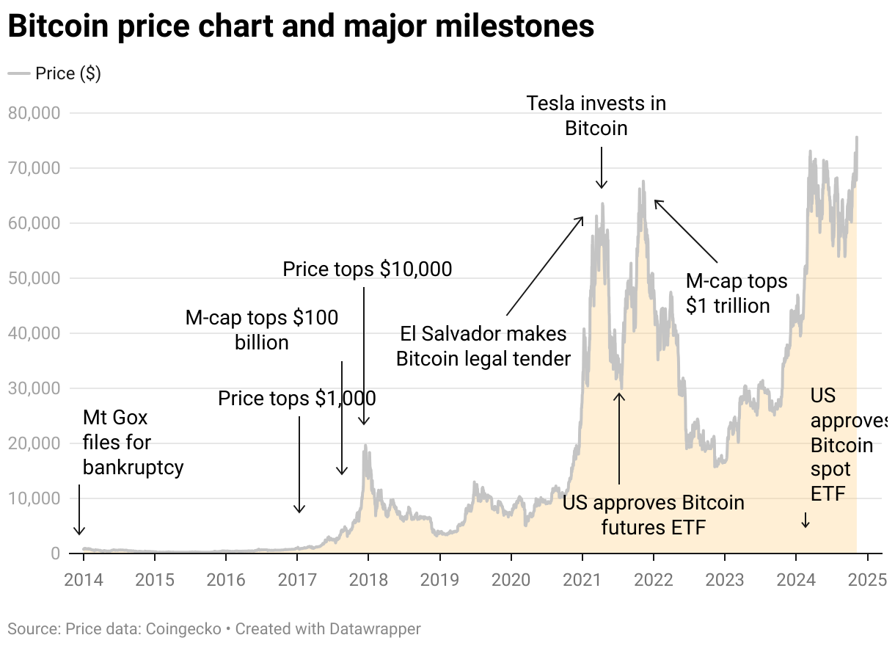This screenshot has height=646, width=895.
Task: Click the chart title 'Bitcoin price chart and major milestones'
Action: click(301, 27)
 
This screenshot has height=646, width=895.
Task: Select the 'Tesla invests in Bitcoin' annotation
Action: click(596, 116)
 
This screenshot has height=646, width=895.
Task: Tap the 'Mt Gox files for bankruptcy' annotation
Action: click(133, 443)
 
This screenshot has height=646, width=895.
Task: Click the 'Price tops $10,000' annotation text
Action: click(367, 269)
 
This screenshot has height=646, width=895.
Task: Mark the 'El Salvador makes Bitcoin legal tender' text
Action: click(483, 346)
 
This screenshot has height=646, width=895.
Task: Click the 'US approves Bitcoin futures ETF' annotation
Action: click(653, 515)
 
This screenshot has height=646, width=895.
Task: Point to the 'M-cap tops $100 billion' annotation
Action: click(262, 330)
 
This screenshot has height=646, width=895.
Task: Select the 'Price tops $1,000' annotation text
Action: click(296, 399)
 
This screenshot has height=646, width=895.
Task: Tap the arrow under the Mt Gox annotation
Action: click(79, 509)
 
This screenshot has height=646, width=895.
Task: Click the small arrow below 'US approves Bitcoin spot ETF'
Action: click(805, 520)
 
